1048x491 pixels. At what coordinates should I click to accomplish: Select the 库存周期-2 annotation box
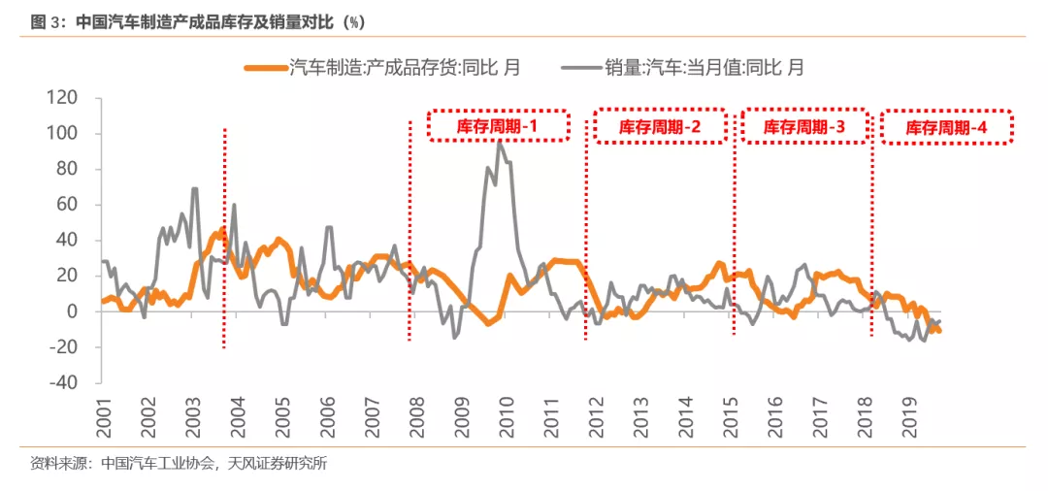[660, 126]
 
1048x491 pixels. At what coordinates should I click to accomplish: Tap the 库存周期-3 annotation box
[804, 126]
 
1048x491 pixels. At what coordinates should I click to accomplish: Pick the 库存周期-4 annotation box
[946, 127]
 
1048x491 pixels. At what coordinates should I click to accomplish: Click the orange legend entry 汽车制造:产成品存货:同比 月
[383, 67]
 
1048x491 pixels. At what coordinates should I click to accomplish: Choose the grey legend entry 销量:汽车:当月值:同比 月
[684, 67]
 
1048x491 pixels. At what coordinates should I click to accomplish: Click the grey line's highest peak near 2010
[500, 142]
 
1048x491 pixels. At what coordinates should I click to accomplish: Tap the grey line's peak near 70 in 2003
[195, 188]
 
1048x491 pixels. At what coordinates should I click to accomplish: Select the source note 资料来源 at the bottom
[179, 464]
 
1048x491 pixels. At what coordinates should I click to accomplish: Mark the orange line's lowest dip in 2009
[488, 323]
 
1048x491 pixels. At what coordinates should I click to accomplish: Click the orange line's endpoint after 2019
[939, 332]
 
